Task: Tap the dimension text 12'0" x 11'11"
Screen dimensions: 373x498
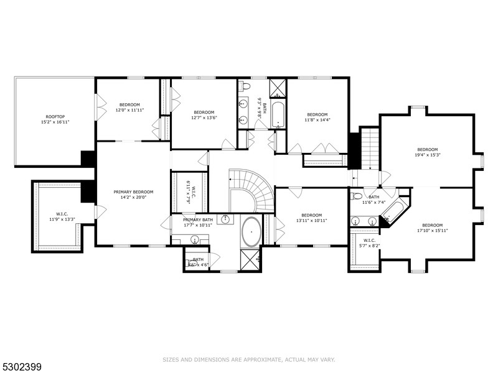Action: (x=129, y=110)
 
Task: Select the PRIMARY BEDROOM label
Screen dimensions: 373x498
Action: (x=133, y=191)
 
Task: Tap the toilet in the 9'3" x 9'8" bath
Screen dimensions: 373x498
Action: (x=246, y=86)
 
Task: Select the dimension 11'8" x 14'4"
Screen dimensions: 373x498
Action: (x=317, y=121)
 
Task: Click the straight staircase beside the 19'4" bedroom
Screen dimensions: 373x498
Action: (x=370, y=148)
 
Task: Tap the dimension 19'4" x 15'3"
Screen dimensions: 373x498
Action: (x=428, y=155)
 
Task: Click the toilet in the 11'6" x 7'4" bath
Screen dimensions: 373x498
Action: (x=357, y=197)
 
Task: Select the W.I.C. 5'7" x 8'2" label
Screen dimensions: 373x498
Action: (x=369, y=242)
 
